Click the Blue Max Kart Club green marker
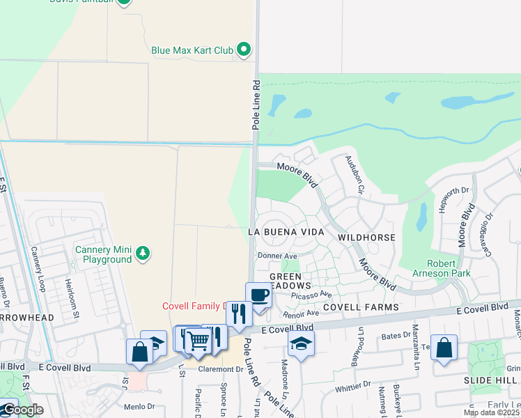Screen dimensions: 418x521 [x=243, y=49]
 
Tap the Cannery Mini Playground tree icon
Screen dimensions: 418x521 [x=143, y=252]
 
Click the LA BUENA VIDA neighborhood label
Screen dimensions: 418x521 [x=286, y=231]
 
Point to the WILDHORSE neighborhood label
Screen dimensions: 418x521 [x=366, y=238]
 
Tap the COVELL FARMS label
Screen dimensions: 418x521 [x=361, y=307]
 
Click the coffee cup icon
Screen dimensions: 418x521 [x=258, y=294]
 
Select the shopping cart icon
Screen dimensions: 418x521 [x=199, y=341]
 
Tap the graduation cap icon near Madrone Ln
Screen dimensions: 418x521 [x=300, y=343]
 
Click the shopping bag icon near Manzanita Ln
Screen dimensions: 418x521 [x=444, y=347]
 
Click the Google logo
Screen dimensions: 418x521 [x=22, y=410]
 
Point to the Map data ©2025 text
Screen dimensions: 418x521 [x=491, y=412]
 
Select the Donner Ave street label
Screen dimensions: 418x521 [x=277, y=256]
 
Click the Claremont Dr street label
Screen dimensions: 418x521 [x=219, y=369]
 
